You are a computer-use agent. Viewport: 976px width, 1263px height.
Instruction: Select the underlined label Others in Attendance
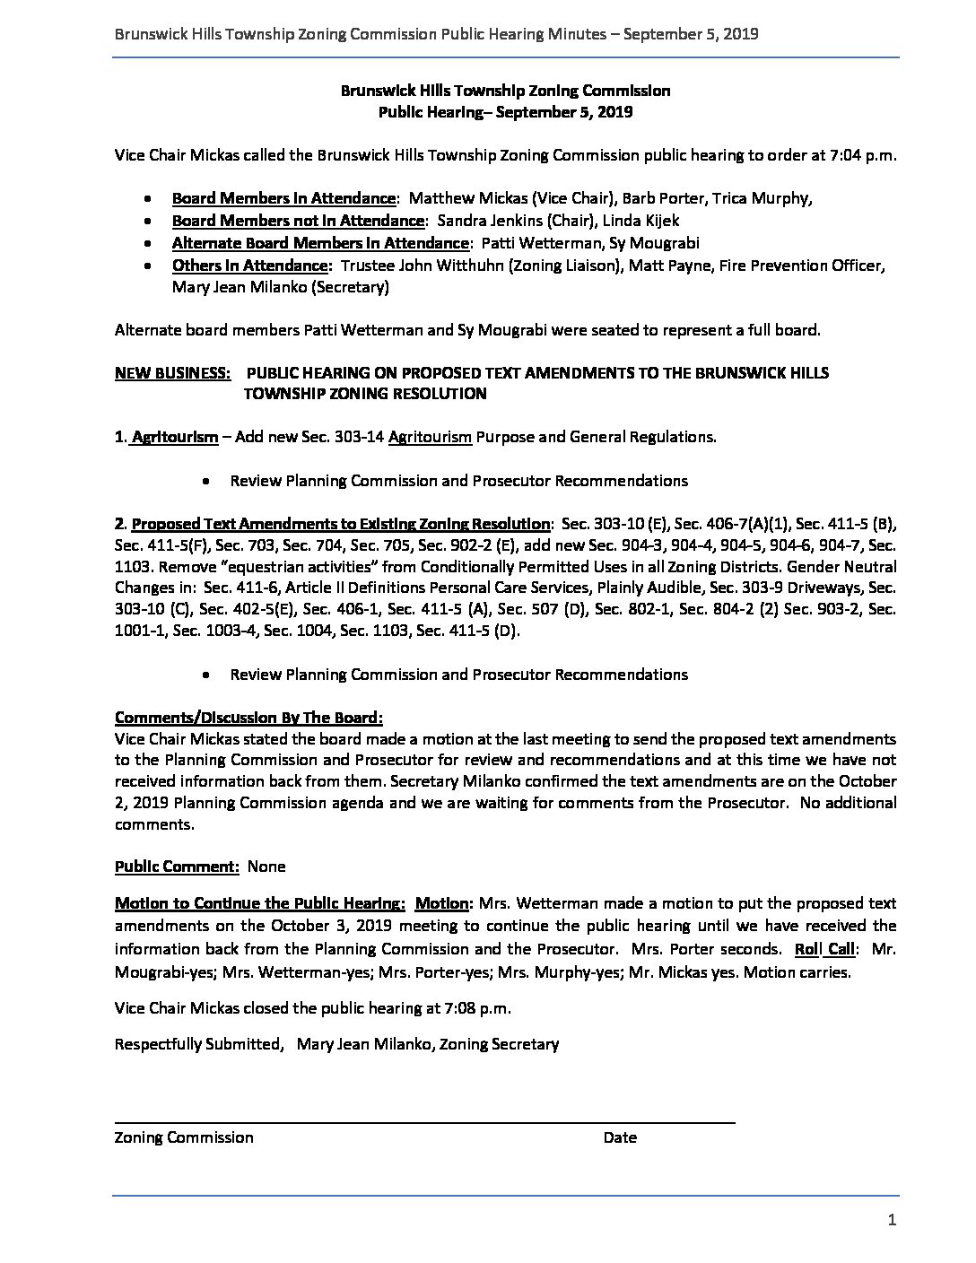click(249, 266)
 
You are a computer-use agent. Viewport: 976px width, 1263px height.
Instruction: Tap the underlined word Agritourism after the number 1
click(174, 437)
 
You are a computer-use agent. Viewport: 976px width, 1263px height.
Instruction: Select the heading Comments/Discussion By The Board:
click(248, 718)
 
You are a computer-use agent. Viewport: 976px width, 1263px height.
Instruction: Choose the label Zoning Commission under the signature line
click(184, 1137)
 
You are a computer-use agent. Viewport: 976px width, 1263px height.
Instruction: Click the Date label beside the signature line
click(620, 1137)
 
